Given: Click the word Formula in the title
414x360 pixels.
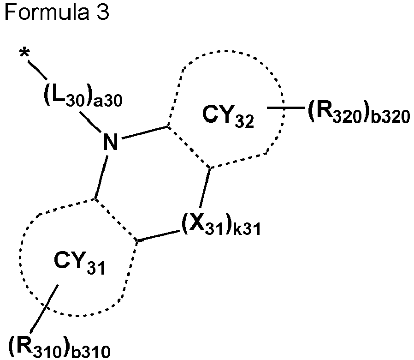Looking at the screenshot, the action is coord(47,12).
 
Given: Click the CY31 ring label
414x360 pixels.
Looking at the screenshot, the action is coord(79,263).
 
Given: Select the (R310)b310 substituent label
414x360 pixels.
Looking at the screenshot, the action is coord(59,348).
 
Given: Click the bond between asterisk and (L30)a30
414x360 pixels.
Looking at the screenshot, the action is coord(37,70).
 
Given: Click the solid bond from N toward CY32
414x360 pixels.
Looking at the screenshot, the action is coord(144,132).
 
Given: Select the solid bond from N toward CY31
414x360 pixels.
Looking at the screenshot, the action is coord(101,177).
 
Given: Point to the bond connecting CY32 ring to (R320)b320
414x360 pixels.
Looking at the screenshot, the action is coord(286,108).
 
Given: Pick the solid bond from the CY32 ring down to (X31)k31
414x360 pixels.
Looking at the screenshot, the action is coord(205,188).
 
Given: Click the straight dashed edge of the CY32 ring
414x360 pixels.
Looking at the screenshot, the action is coord(189,147).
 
